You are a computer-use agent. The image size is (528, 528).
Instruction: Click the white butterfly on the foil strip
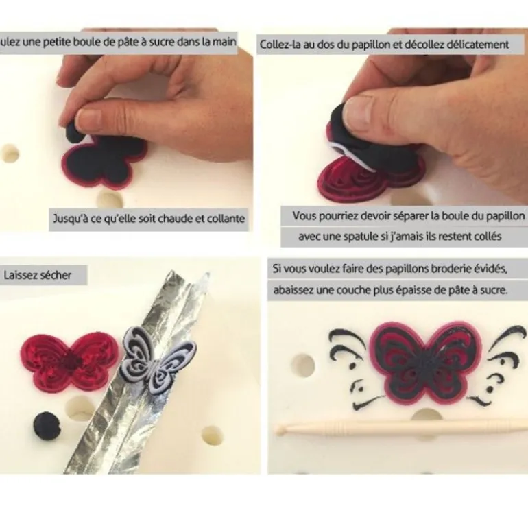tap(158, 365)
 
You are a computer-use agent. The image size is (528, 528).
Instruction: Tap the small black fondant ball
tap(47, 425)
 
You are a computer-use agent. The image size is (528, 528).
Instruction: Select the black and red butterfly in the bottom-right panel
tap(426, 363)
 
